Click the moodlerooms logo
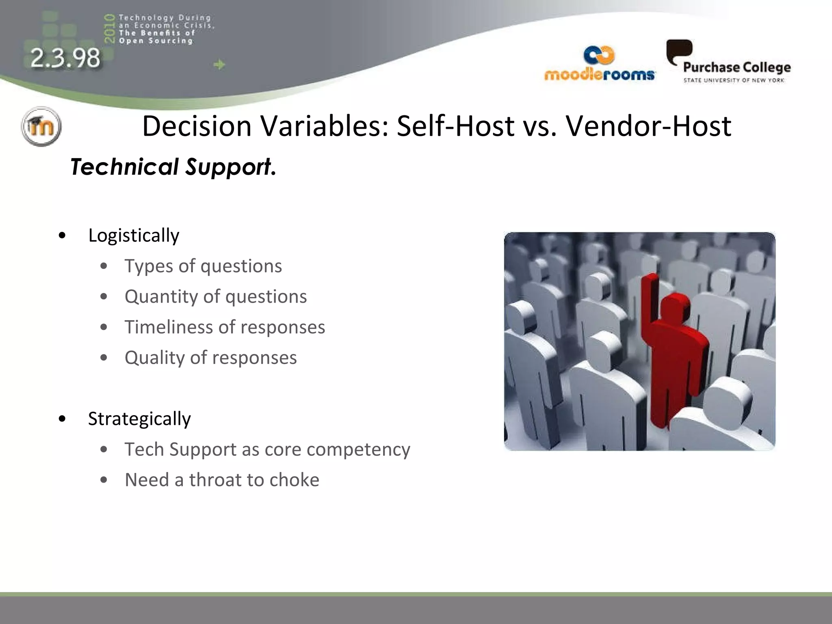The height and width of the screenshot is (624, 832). [x=599, y=65]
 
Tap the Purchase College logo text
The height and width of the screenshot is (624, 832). [x=737, y=67]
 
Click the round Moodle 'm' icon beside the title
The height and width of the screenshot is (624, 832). [x=41, y=126]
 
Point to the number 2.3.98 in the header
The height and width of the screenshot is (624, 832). [x=65, y=58]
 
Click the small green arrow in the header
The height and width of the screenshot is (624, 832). [x=219, y=64]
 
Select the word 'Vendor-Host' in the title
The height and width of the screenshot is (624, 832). [x=648, y=126]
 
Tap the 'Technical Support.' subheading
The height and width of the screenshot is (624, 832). [x=173, y=167]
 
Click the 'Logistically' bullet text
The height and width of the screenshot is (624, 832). [x=134, y=235]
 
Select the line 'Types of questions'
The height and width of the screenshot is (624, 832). [x=203, y=266]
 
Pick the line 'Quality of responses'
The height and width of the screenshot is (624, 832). [x=210, y=357]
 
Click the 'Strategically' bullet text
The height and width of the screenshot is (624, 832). [x=139, y=418]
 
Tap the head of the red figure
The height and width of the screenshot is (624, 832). [x=674, y=307]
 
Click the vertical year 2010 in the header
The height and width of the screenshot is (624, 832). [x=109, y=28]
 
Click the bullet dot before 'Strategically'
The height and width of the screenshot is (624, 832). [x=62, y=418]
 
